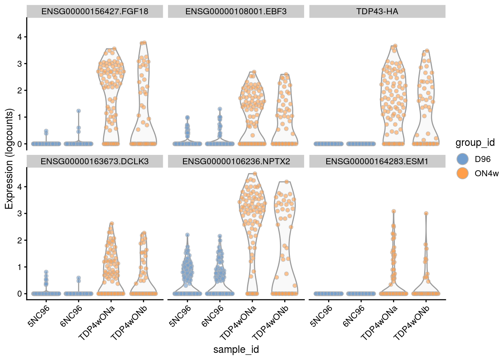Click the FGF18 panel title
tap(94, 12)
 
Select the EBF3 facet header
tap(236, 12)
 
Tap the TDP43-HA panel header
tap(377, 12)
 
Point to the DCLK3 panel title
tap(94, 162)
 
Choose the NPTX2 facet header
tap(236, 162)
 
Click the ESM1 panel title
tap(377, 162)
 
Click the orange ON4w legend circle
tap(463, 173)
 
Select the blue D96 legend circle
tap(463, 159)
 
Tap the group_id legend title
tap(475, 142)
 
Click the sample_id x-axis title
tap(236, 349)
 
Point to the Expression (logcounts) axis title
tap(9, 159)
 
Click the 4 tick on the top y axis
tap(19, 37)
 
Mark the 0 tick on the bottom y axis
tap(19, 294)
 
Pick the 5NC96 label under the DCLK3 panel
tap(39, 316)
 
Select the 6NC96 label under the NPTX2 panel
tap(213, 316)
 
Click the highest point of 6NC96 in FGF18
tap(79, 111)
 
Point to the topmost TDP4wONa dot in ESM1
tap(394, 211)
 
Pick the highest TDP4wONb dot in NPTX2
tap(287, 182)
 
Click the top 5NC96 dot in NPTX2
tap(187, 235)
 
